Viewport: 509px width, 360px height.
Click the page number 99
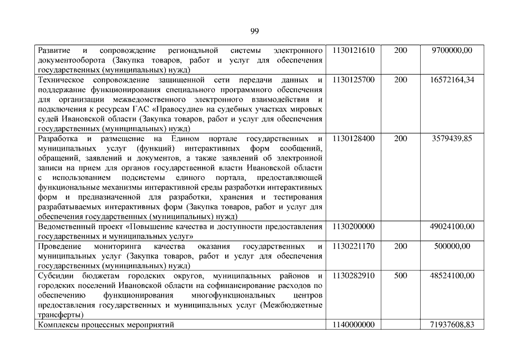254,30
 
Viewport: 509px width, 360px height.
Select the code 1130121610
353,50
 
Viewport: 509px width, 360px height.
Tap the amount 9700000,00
452,50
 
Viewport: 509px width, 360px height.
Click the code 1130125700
353,80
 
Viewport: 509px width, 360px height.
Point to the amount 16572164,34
452,80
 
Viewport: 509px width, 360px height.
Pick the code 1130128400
353,138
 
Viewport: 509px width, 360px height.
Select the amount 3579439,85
452,138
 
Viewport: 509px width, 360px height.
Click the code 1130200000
353,226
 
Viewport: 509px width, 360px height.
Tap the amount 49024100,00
452,226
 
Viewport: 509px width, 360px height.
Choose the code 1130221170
353,246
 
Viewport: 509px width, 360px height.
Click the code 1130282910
353,276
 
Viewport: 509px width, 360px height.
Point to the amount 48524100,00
452,276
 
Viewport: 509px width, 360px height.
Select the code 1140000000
353,325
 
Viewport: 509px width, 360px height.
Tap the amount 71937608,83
452,325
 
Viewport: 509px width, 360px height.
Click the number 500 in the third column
400,276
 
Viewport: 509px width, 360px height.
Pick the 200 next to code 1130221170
400,246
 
